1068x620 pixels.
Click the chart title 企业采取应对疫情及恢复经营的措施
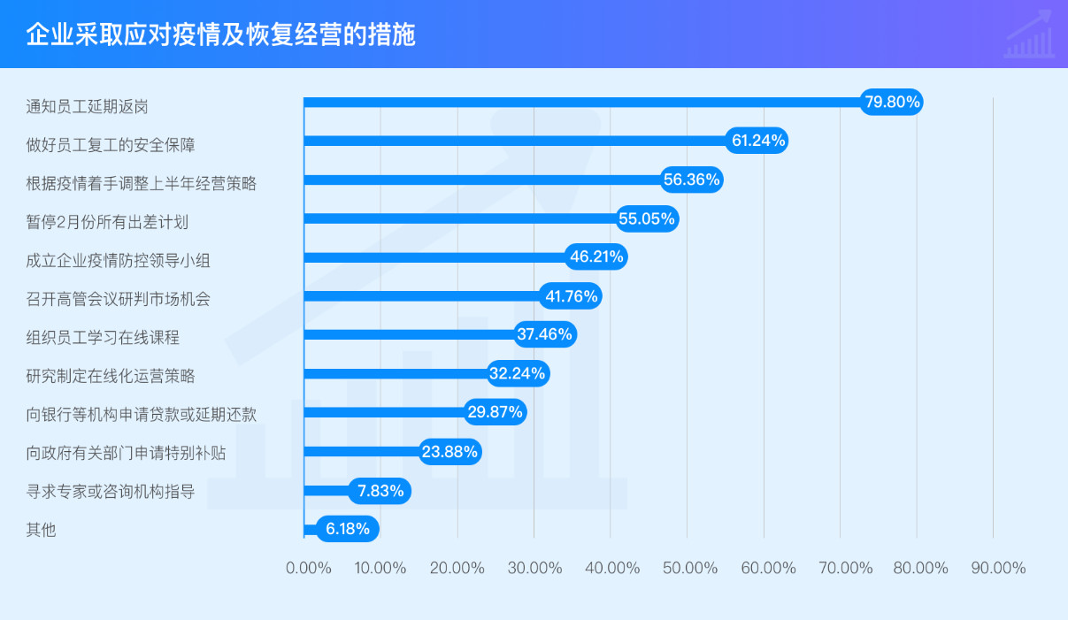[x=220, y=35]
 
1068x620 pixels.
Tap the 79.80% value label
[x=892, y=102]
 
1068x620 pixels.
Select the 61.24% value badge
[x=757, y=141]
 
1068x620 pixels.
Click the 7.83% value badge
[x=380, y=490]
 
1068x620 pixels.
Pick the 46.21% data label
[x=596, y=257]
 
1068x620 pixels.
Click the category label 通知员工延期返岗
[x=87, y=107]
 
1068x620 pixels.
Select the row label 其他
[x=42, y=531]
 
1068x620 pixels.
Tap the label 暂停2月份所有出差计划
[x=107, y=221]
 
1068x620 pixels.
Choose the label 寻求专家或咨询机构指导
[x=111, y=492]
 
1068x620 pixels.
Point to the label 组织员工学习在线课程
[x=104, y=338]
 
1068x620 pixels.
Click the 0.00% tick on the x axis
[x=309, y=568]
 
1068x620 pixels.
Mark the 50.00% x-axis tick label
[x=690, y=568]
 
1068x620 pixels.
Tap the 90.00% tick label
[x=998, y=568]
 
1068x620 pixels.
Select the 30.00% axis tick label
[x=534, y=568]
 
